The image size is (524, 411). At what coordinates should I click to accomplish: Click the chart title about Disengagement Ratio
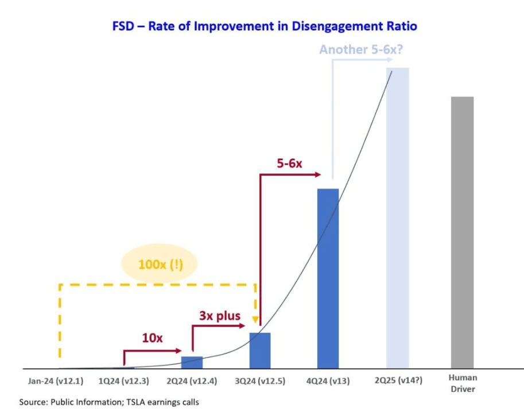click(x=265, y=26)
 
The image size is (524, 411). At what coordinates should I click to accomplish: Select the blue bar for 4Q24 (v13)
click(x=328, y=278)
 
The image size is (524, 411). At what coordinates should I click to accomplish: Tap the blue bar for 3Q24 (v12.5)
click(x=259, y=350)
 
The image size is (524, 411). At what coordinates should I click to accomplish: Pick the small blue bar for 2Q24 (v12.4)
click(x=192, y=362)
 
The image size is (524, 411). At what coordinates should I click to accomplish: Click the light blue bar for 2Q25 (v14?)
click(x=397, y=218)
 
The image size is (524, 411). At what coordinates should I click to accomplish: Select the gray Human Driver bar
click(x=462, y=232)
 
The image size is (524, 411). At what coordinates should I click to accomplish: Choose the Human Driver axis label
click(x=463, y=383)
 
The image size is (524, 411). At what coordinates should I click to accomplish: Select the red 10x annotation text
click(x=152, y=338)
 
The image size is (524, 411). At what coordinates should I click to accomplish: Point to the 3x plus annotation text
click(x=220, y=316)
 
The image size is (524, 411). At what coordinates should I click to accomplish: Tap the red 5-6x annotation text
click(x=289, y=163)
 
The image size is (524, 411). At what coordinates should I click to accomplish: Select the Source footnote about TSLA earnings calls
click(x=109, y=402)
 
